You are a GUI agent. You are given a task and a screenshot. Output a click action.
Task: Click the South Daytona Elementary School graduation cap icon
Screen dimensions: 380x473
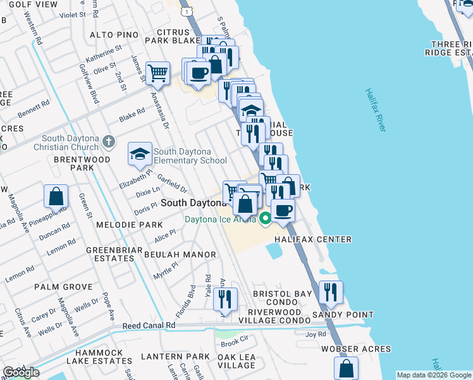pyautogui.click(x=140, y=154)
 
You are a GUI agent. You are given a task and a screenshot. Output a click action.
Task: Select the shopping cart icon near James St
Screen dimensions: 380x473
pyautogui.click(x=157, y=73)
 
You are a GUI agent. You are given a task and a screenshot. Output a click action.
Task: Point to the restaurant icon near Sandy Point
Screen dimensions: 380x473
pyautogui.click(x=331, y=292)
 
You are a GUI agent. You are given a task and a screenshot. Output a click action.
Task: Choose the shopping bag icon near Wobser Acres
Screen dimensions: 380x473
pyautogui.click(x=346, y=368)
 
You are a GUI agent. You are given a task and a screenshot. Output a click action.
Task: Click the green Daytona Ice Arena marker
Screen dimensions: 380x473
pyautogui.click(x=266, y=219)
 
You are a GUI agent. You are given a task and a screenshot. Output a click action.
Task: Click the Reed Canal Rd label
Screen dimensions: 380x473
pyautogui.click(x=149, y=326)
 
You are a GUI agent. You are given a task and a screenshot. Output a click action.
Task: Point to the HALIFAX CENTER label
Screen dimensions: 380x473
pyautogui.click(x=312, y=239)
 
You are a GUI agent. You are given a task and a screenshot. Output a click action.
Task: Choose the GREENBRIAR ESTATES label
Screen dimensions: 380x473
pyautogui.click(x=111, y=254)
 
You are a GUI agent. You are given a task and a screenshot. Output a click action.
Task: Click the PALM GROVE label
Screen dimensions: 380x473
pyautogui.click(x=63, y=287)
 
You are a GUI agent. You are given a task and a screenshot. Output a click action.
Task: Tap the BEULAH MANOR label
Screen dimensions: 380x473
pyautogui.click(x=180, y=255)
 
